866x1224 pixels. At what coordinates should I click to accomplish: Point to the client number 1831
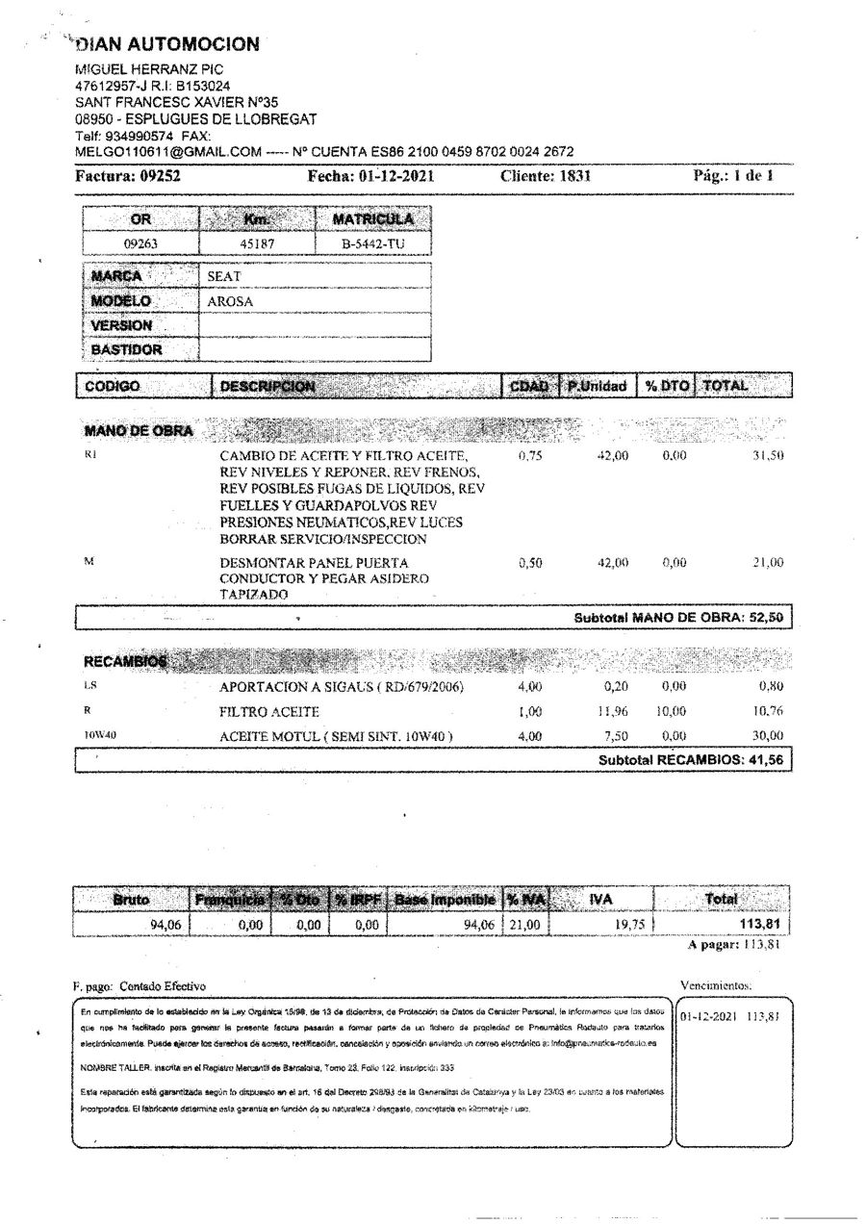click(x=574, y=176)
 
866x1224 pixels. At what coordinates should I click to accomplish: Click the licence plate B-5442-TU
click(x=373, y=243)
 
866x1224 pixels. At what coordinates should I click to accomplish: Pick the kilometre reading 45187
click(x=257, y=243)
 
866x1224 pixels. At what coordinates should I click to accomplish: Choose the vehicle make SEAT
click(x=224, y=276)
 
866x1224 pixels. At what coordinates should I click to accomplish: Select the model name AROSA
click(x=231, y=301)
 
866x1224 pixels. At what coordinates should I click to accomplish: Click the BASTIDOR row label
click(x=127, y=350)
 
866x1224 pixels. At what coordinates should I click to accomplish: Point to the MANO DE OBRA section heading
click(x=140, y=431)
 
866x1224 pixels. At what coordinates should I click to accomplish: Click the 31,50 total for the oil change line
click(x=768, y=455)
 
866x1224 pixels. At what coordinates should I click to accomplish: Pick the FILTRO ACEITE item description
click(x=269, y=712)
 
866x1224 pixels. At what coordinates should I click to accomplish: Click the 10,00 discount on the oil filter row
click(x=674, y=712)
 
